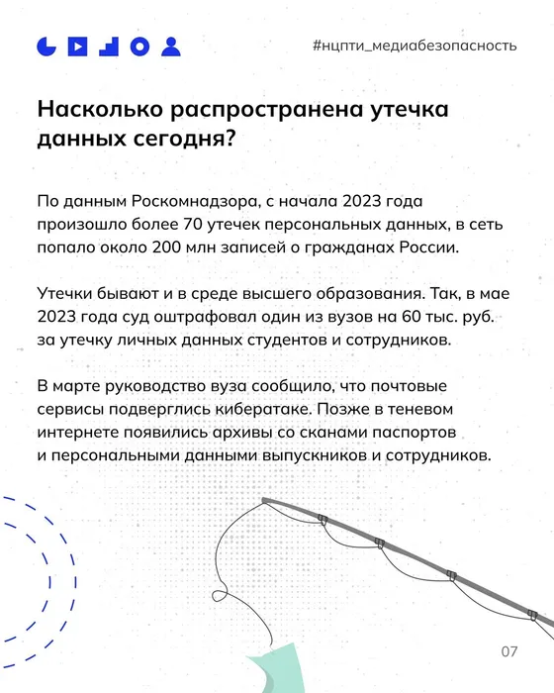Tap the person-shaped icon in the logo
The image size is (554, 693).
172,47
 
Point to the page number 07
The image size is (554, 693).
508,651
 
